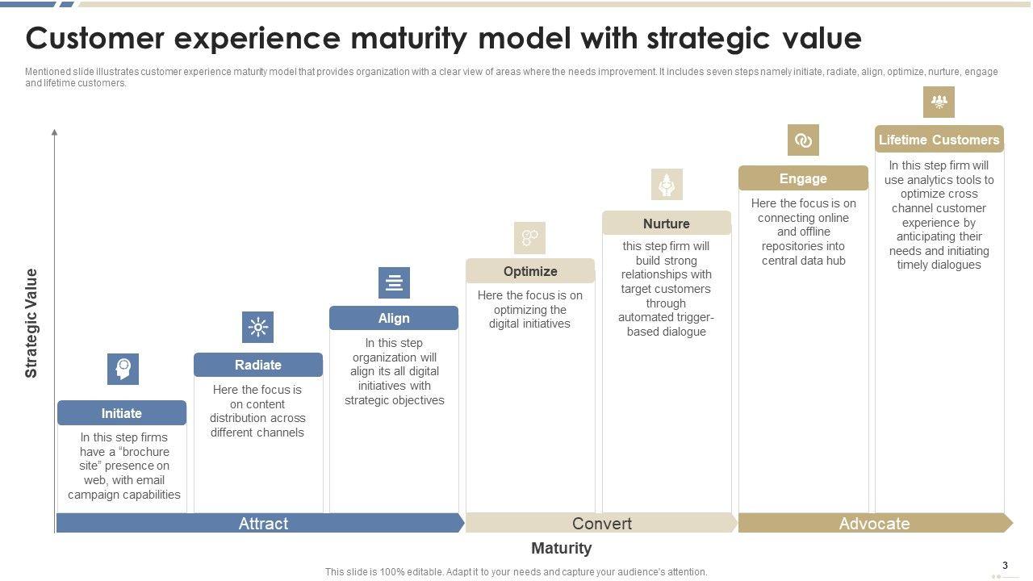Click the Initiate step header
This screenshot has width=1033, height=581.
pyautogui.click(x=121, y=413)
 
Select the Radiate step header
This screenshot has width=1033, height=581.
pyautogui.click(x=258, y=365)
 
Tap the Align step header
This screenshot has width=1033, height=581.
pyautogui.click(x=394, y=318)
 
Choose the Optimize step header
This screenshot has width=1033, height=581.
pyautogui.click(x=530, y=271)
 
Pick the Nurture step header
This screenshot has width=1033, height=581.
pyautogui.click(x=667, y=224)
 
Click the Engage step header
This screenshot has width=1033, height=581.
pyautogui.click(x=803, y=178)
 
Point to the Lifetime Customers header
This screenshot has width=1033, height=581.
pyautogui.click(x=939, y=140)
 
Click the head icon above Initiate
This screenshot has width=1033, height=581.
pyautogui.click(x=123, y=369)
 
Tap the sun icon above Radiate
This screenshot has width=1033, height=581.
pyautogui.click(x=258, y=327)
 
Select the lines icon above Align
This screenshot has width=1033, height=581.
pyautogui.click(x=394, y=282)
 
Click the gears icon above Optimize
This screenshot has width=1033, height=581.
pyautogui.click(x=530, y=237)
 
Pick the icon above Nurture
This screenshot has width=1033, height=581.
pyautogui.click(x=667, y=185)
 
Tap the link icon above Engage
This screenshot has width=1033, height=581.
pyautogui.click(x=803, y=140)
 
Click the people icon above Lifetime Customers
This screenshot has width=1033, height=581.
pyautogui.click(x=939, y=102)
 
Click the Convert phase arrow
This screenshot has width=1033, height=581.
pyautogui.click(x=602, y=523)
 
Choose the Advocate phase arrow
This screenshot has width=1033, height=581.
pyautogui.click(x=875, y=523)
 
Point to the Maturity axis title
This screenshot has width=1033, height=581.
pyautogui.click(x=562, y=549)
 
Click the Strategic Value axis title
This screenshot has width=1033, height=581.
pyautogui.click(x=31, y=323)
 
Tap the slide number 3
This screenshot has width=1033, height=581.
pyautogui.click(x=1005, y=566)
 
